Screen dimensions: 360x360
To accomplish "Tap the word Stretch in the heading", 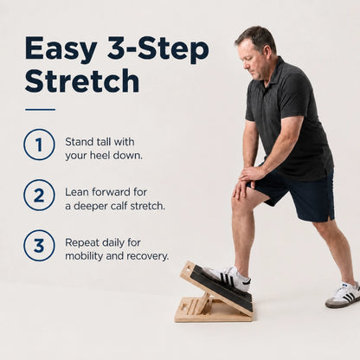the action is [82, 80].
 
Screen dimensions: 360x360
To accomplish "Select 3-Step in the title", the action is [158, 49].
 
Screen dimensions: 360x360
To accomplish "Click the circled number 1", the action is [39, 145].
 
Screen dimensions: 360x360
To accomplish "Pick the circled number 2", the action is [39, 195].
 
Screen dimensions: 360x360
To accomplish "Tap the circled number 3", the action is [39, 246].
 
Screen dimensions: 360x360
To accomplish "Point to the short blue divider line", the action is [40, 110].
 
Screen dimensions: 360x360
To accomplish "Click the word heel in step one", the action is [100, 156].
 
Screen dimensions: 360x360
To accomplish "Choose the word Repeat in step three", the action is [82, 242].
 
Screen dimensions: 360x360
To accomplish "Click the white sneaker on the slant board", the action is [227, 278].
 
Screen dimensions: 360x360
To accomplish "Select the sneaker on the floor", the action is [343, 294].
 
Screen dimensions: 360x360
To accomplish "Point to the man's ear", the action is [266, 52].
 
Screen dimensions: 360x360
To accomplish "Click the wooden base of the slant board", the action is [214, 311].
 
